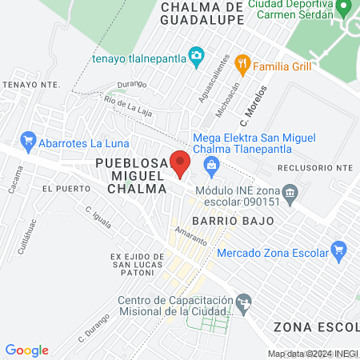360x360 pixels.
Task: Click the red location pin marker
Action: click(x=180, y=162)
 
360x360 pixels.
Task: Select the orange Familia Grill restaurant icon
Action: click(x=244, y=66)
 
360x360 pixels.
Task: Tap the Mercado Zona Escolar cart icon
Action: click(x=338, y=250)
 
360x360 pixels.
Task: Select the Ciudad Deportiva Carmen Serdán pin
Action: click(x=345, y=10)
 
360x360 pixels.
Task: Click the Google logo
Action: click(x=27, y=350)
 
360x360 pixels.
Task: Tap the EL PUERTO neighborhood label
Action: click(x=62, y=188)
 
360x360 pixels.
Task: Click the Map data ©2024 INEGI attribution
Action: click(x=312, y=354)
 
